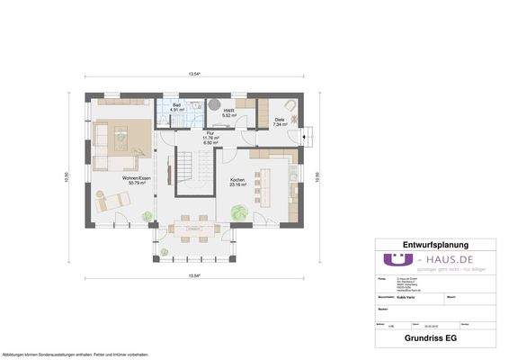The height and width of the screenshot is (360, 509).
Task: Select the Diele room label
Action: pos(279,122)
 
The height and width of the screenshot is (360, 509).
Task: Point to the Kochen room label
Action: pos(237,182)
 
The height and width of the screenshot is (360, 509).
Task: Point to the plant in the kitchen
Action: pos(238,211)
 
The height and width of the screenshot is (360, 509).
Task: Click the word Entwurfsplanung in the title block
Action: pos(435,244)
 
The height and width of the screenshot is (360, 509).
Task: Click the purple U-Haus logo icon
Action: pos(393,259)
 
